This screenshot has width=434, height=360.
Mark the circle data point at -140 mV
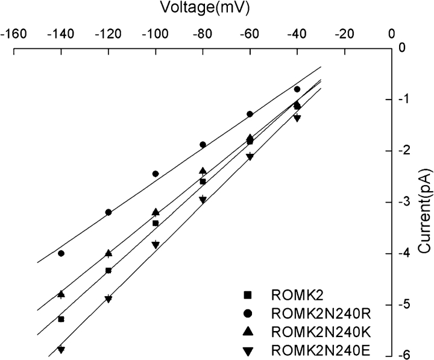pyautogui.click(x=61, y=253)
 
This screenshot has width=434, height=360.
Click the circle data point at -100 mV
pyautogui.click(x=156, y=174)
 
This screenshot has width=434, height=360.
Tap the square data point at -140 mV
pyautogui.click(x=61, y=319)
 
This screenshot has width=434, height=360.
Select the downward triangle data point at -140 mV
pyautogui.click(x=61, y=350)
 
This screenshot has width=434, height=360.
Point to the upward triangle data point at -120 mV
pyautogui.click(x=108, y=253)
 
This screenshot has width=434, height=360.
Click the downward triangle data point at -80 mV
pyautogui.click(x=203, y=200)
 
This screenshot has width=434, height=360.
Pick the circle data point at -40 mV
pyautogui.click(x=297, y=89)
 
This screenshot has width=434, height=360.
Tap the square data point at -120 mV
pyautogui.click(x=108, y=270)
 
